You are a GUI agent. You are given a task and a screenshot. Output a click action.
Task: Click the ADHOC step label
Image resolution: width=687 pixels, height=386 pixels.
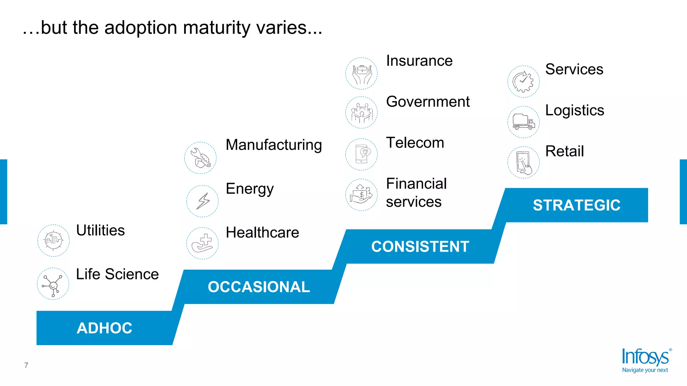pyautogui.click(x=104, y=328)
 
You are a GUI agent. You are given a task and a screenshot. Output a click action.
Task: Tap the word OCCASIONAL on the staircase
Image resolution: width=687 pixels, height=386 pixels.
pyautogui.click(x=259, y=287)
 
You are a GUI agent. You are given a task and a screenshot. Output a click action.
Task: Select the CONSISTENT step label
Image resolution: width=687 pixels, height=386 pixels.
pyautogui.click(x=420, y=247)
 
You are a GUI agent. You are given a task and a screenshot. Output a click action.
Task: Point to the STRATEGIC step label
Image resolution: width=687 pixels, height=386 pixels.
pyautogui.click(x=576, y=205)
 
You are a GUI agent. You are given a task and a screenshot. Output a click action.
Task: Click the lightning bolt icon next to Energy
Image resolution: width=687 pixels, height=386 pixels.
pyautogui.click(x=203, y=201)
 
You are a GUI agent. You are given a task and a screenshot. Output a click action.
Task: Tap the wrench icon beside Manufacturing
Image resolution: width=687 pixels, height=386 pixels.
pyautogui.click(x=201, y=158)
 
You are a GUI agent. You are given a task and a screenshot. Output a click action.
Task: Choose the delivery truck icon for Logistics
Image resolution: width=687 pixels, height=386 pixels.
pyautogui.click(x=523, y=122)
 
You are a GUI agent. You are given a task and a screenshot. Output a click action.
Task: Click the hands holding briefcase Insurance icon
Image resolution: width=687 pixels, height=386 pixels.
pyautogui.click(x=362, y=73)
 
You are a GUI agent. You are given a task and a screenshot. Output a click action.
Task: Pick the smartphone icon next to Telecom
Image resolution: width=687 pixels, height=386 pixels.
pyautogui.click(x=362, y=154)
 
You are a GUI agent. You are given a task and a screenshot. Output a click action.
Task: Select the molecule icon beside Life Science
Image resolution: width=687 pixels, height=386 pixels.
pyautogui.click(x=53, y=284)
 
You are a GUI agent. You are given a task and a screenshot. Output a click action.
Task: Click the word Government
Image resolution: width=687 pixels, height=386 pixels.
pyautogui.click(x=428, y=102)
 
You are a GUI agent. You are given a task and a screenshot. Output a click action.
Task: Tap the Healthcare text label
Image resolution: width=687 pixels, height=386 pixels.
pyautogui.click(x=262, y=233)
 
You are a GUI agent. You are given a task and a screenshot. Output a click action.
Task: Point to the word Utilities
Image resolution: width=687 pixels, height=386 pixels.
pyautogui.click(x=100, y=231)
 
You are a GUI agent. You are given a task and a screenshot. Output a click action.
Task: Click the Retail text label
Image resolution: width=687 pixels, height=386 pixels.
pyautogui.click(x=564, y=151)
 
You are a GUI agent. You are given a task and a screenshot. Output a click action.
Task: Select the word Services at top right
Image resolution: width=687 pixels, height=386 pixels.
pyautogui.click(x=574, y=69)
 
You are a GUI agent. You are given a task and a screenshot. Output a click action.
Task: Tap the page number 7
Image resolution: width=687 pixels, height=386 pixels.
pyautogui.click(x=26, y=365)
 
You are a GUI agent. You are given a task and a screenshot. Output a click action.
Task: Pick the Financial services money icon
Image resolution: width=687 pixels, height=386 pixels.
pyautogui.click(x=362, y=195)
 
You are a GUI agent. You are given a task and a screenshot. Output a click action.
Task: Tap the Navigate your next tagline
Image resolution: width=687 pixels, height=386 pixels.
pyautogui.click(x=645, y=370)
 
